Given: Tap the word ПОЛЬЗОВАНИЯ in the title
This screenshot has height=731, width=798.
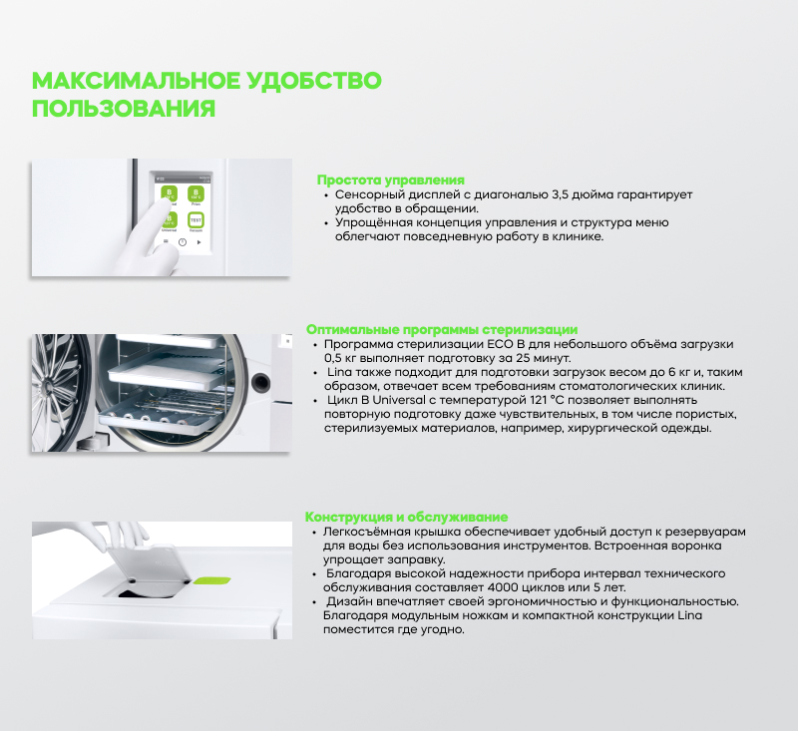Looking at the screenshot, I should (x=124, y=109).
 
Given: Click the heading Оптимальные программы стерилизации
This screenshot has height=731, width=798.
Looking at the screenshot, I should (x=441, y=329).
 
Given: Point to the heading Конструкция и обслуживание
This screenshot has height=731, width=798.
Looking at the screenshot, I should (x=406, y=517).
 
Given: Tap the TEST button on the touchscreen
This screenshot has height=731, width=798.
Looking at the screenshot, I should (x=196, y=219).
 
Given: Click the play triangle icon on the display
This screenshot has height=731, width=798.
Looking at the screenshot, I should (x=199, y=242).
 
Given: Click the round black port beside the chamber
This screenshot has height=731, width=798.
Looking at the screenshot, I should (x=262, y=380).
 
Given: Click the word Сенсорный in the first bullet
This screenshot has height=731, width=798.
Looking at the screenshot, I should (x=367, y=194).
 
